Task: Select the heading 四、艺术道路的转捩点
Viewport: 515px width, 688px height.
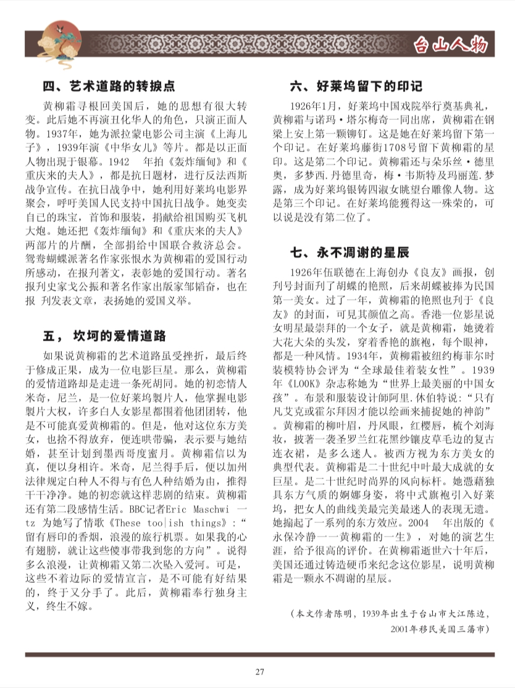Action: point(109,86)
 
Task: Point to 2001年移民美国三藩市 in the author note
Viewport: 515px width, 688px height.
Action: point(440,628)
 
